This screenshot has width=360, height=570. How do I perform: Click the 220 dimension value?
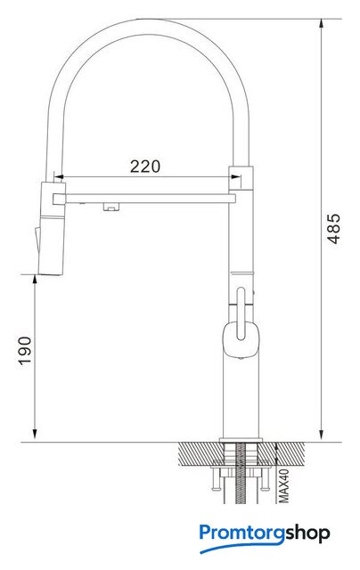[145, 167]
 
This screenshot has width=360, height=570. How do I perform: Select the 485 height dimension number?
[334, 228]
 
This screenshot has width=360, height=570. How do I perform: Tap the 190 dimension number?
[25, 351]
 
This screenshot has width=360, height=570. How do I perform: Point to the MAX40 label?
[284, 485]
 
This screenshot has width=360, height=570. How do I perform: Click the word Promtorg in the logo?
[241, 533]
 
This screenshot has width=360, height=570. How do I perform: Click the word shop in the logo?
[307, 533]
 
